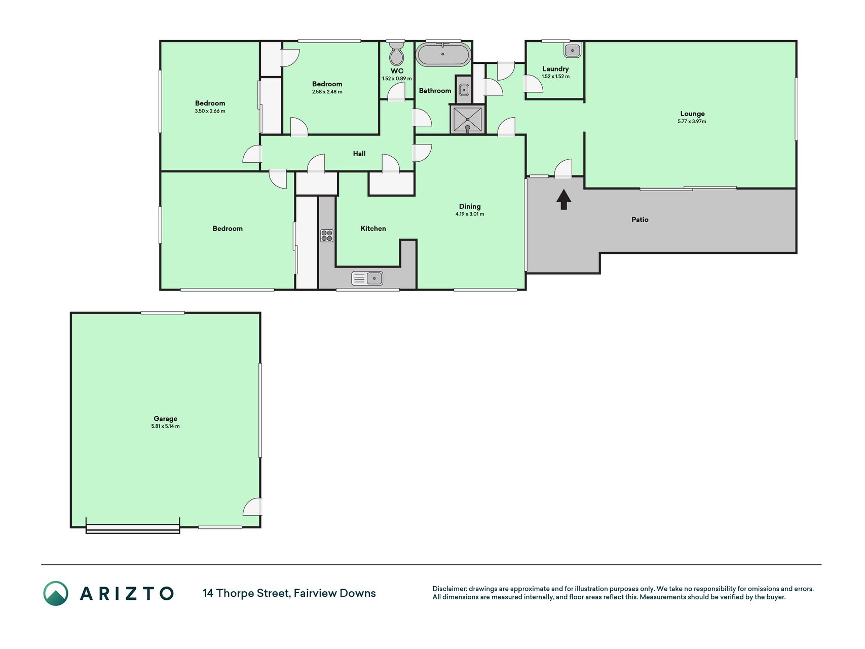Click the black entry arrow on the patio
pyautogui.click(x=563, y=199)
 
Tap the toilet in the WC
pyautogui.click(x=397, y=53)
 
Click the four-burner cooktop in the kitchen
pyautogui.click(x=327, y=235)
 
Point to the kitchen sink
pyautogui.click(x=367, y=278)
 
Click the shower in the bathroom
pyautogui.click(x=467, y=120)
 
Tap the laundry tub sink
pyautogui.click(x=573, y=50)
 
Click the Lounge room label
pyautogui.click(x=692, y=114)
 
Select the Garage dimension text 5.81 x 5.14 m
pyautogui.click(x=165, y=426)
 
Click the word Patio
pyautogui.click(x=640, y=220)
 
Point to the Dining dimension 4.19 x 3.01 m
pyautogui.click(x=470, y=214)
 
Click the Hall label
pyautogui.click(x=359, y=154)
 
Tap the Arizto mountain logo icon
pyautogui.click(x=56, y=593)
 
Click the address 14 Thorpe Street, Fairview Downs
pyautogui.click(x=289, y=593)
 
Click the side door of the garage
pyautogui.click(x=253, y=507)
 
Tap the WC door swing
pyautogui.click(x=397, y=91)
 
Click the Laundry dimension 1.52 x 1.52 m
pyautogui.click(x=555, y=77)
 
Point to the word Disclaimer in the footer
pyautogui.click(x=449, y=589)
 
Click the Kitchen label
pyautogui.click(x=373, y=229)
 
